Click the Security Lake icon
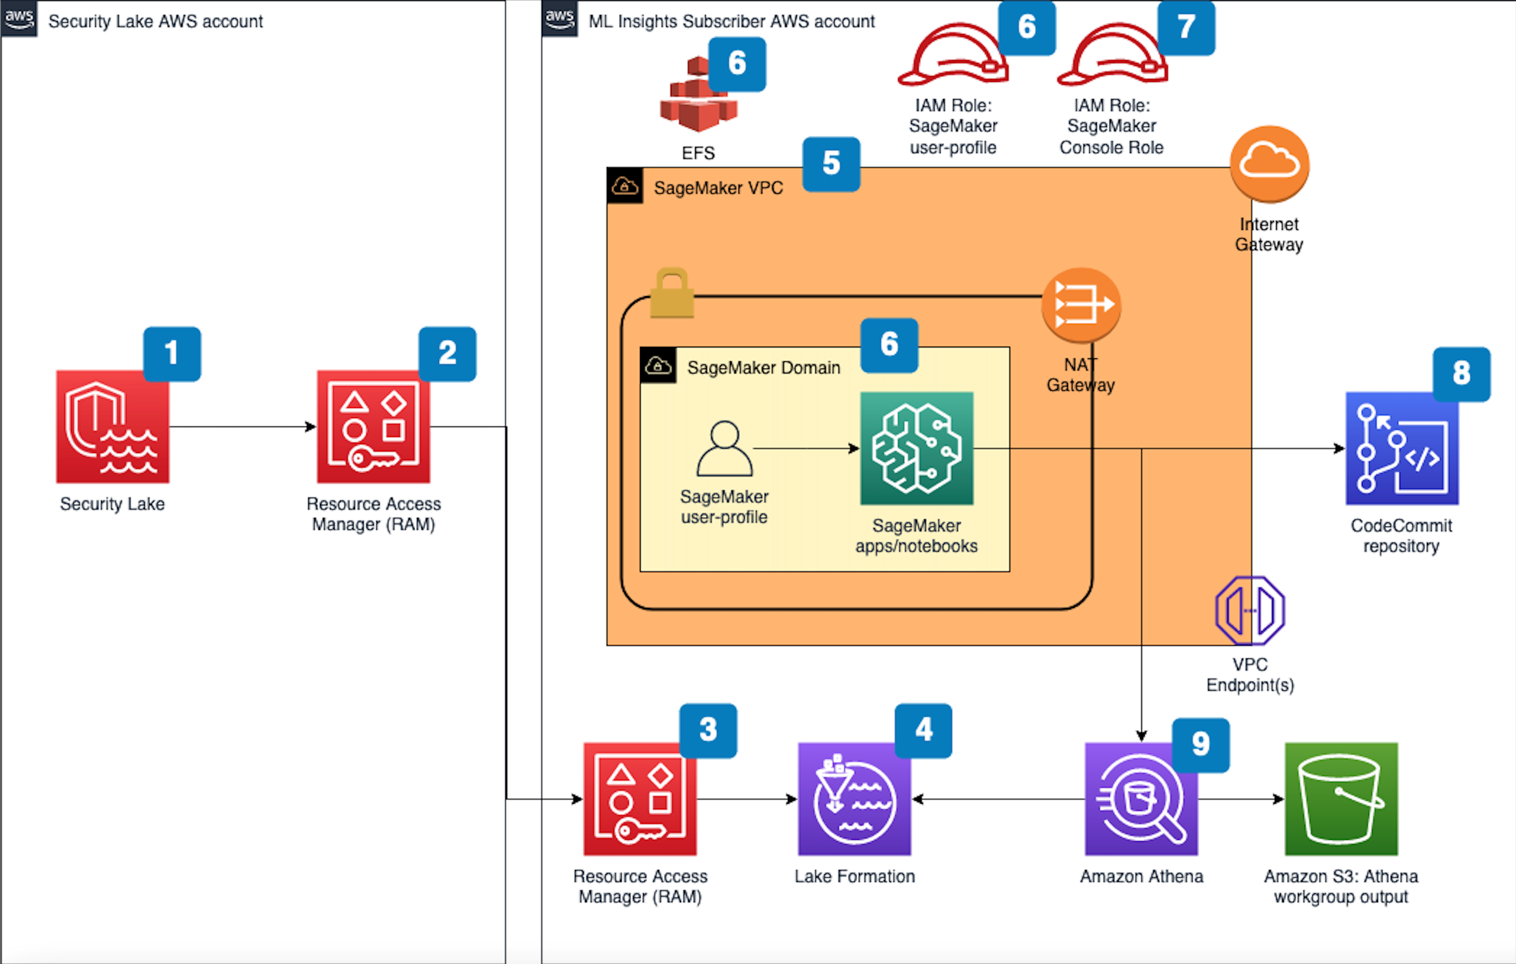[x=112, y=426]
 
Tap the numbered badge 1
[x=172, y=353]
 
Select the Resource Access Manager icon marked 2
[x=373, y=426]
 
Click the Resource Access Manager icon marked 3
[x=639, y=798]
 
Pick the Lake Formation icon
[x=854, y=798]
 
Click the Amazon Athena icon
[x=1141, y=798]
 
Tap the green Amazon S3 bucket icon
[x=1341, y=798]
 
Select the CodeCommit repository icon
[x=1401, y=448]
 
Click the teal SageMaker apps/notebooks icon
[x=917, y=448]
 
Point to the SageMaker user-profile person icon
[x=724, y=448]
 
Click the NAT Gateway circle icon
[x=1081, y=306]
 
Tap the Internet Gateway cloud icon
[x=1269, y=164]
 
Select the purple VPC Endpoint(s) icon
[x=1249, y=610]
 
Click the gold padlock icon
[x=672, y=293]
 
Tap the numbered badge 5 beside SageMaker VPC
[x=831, y=164]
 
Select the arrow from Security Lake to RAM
[x=243, y=427]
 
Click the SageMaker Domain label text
[x=763, y=367]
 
